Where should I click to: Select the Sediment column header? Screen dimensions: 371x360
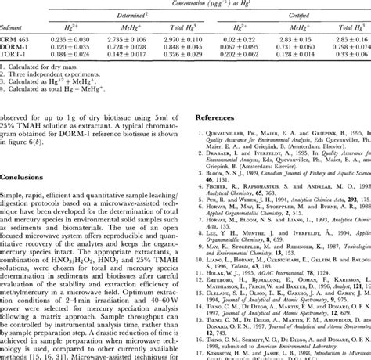(x=16, y=5)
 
